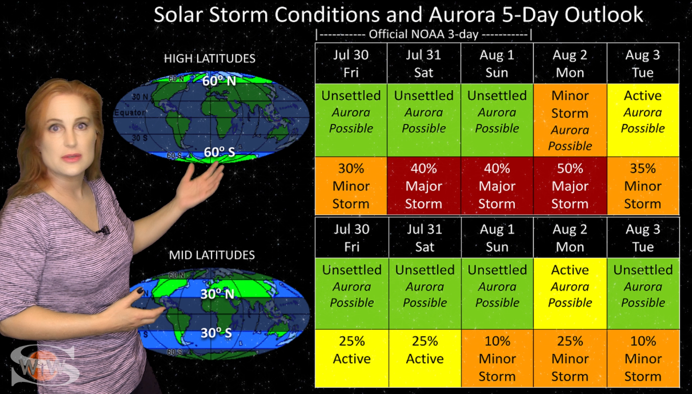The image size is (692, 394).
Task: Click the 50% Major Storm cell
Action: tap(570, 186)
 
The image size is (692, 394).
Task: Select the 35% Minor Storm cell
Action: tap(643, 186)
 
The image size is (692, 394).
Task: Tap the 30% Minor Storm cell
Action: tap(351, 186)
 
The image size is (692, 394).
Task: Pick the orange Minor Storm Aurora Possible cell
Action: tap(570, 120)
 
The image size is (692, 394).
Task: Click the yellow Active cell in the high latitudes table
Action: tap(643, 120)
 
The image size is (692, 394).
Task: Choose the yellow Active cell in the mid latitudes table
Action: tap(570, 294)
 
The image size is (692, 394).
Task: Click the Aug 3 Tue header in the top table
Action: tap(643, 63)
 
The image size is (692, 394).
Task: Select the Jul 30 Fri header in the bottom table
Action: tap(352, 238)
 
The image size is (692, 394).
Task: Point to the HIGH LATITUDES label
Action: tap(209, 58)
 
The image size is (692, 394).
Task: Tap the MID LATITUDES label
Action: tap(212, 255)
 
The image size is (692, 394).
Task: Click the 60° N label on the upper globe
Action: tap(219, 81)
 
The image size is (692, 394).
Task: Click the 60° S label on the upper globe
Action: tap(220, 152)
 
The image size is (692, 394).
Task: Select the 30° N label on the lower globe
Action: tap(217, 294)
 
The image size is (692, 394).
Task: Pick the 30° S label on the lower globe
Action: tap(217, 333)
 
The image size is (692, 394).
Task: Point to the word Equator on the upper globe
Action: tap(129, 113)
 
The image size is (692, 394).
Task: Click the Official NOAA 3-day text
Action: tap(423, 34)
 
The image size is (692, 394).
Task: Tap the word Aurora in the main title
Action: tap(462, 15)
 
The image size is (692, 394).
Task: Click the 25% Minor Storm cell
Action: tap(570, 358)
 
